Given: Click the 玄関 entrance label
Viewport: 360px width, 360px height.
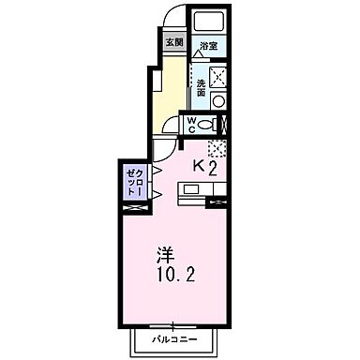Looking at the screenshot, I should coord(174,42).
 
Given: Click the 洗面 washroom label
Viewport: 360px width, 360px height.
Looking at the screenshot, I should coord(201,85).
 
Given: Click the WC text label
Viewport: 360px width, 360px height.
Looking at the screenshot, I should coord(190,124).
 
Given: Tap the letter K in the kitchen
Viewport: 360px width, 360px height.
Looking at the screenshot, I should coord(199,166).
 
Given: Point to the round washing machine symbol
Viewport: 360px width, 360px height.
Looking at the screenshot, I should coord(217,100).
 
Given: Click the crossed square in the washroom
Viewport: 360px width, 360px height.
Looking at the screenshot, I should coord(217,76).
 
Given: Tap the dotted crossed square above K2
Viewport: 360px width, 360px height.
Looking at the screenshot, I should coord(217,146).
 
